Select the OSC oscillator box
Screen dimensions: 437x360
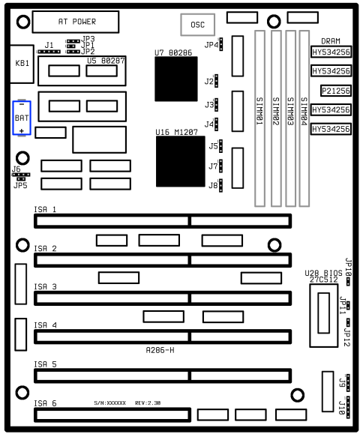coord(197,25)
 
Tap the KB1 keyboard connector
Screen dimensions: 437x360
coord(22,64)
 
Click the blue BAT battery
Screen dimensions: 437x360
coord(22,117)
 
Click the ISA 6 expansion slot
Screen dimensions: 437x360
coord(112,415)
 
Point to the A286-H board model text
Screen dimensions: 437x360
coord(160,350)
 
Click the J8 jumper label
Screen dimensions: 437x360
coord(213,184)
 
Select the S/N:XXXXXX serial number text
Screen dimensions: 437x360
coord(110,403)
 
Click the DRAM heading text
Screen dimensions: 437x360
coord(331,41)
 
